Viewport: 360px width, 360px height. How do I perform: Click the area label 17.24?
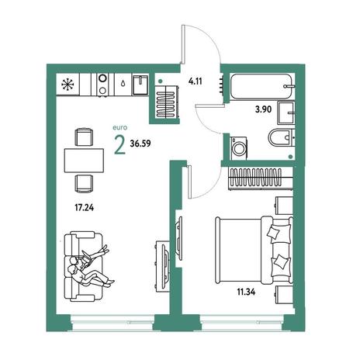coord(85,207)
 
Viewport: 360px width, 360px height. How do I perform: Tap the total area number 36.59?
coord(140,144)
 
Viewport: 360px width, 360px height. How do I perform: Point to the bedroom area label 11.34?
coord(246,292)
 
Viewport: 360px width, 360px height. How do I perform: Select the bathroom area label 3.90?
coord(263,109)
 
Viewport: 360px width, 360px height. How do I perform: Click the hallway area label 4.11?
coord(196,81)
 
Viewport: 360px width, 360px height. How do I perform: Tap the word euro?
coord(120,127)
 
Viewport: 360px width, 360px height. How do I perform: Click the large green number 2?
coord(120,145)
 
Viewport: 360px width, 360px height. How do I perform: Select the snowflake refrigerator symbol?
coord(67,84)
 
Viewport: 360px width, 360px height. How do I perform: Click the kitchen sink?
coord(140,85)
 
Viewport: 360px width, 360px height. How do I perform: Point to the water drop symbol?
coord(123,83)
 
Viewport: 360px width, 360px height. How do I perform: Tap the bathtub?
coord(262,86)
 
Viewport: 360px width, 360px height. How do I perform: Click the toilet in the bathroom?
coord(281,137)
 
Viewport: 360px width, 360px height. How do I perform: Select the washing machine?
coord(238,147)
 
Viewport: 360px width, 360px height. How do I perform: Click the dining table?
coord(84,161)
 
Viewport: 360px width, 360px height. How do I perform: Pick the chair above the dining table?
coord(84,137)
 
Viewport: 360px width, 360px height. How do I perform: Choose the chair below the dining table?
coord(84,184)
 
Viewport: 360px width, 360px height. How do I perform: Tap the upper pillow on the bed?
coord(274,232)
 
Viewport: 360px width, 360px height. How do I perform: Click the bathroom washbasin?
coord(286,113)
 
